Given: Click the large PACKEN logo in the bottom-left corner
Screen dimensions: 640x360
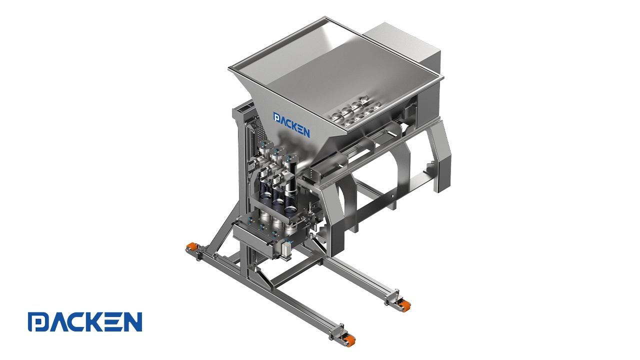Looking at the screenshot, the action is coord(85,321).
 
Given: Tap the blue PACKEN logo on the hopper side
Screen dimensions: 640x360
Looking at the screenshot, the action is coord(291,125).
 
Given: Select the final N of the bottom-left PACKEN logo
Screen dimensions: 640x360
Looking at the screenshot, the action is coord(132,321).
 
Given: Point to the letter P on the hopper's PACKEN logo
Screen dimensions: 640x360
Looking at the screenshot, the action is coord(276,117).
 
